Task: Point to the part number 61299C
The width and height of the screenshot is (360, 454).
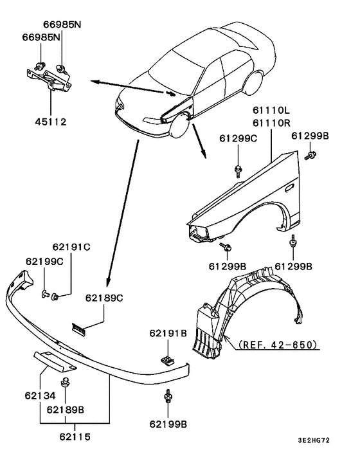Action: pos(239,139)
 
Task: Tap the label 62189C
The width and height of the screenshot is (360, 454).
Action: pos(104,298)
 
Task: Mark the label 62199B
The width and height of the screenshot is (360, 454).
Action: pos(168,424)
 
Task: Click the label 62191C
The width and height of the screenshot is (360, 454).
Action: pos(71,246)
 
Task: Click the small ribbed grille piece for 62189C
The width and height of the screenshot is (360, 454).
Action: pos(79,330)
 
